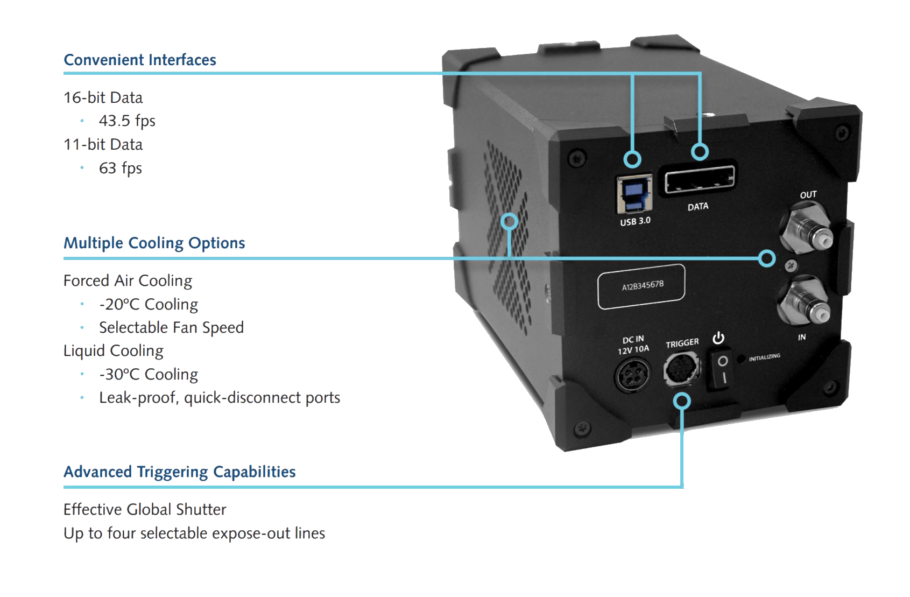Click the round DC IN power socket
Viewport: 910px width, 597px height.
pos(632,374)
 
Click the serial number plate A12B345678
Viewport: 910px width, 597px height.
pos(642,286)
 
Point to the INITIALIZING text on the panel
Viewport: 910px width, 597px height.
pos(764,357)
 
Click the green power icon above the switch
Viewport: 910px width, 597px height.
pos(718,339)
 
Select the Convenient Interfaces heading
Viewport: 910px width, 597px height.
pos(140,60)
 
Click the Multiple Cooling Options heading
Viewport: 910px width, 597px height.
pos(154,243)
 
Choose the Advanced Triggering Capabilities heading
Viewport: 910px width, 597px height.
pos(180,472)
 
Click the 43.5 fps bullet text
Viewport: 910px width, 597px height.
pos(127,121)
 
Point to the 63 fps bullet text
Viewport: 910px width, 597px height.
pos(121,168)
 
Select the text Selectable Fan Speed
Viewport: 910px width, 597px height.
pos(171,327)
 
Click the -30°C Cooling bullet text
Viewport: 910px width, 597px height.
pos(149,375)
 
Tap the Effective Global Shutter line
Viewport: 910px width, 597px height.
pos(145,509)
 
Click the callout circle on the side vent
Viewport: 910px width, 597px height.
pos(509,221)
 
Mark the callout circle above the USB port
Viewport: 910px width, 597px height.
pos(633,159)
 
